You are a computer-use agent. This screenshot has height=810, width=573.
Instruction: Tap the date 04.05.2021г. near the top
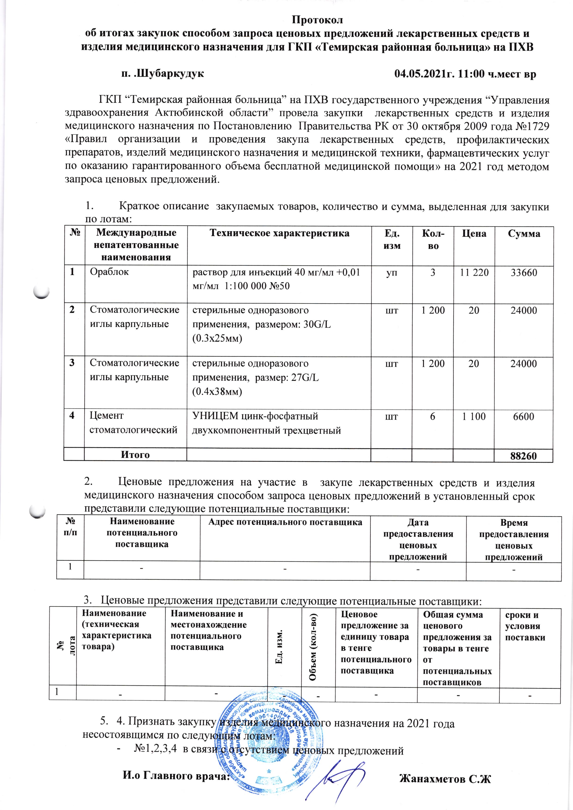[x=425, y=74]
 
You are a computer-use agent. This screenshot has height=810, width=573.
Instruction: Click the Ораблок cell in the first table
[x=109, y=272]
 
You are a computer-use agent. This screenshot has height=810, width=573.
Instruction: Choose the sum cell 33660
[x=524, y=272]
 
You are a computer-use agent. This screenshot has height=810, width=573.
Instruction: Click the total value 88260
[x=524, y=456]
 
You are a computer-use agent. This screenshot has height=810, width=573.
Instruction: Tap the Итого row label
[x=135, y=455]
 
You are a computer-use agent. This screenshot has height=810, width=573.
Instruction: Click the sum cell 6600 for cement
[x=524, y=416]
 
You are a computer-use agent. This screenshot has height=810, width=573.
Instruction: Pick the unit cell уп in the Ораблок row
[x=391, y=272]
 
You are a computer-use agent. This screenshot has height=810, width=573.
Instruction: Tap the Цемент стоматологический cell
[x=133, y=423]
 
